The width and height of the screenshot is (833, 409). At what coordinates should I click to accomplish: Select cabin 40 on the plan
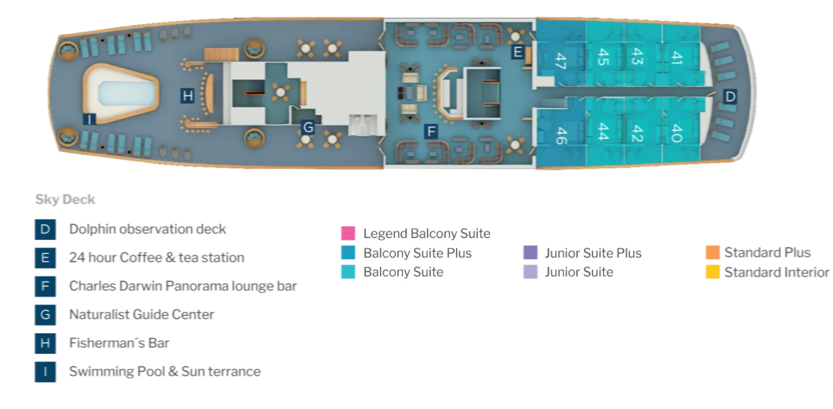676,133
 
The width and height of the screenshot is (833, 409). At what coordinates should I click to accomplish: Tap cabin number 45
603,57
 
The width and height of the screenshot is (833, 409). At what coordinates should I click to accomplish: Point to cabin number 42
637,133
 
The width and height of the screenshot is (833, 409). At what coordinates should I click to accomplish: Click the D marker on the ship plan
730,96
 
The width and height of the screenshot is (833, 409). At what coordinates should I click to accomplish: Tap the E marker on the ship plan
517,52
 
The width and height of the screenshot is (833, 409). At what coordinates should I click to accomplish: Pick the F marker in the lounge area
431,132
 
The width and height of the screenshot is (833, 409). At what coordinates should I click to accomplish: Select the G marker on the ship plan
308,127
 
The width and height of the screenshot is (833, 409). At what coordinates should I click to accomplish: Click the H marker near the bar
188,96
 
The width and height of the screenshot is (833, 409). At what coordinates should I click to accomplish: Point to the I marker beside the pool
89,119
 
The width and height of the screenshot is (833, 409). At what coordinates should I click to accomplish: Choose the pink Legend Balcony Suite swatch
348,233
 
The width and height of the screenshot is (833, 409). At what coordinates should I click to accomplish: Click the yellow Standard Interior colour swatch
712,272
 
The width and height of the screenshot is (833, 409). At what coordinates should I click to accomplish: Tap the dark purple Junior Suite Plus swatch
530,253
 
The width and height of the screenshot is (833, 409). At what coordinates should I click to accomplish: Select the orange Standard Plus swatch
712,252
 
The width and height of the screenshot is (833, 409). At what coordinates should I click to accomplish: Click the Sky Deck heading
65,199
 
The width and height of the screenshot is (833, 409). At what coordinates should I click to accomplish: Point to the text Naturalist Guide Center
141,314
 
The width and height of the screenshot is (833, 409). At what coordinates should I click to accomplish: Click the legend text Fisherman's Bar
119,343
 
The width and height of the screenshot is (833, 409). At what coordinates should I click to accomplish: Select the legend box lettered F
45,286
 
